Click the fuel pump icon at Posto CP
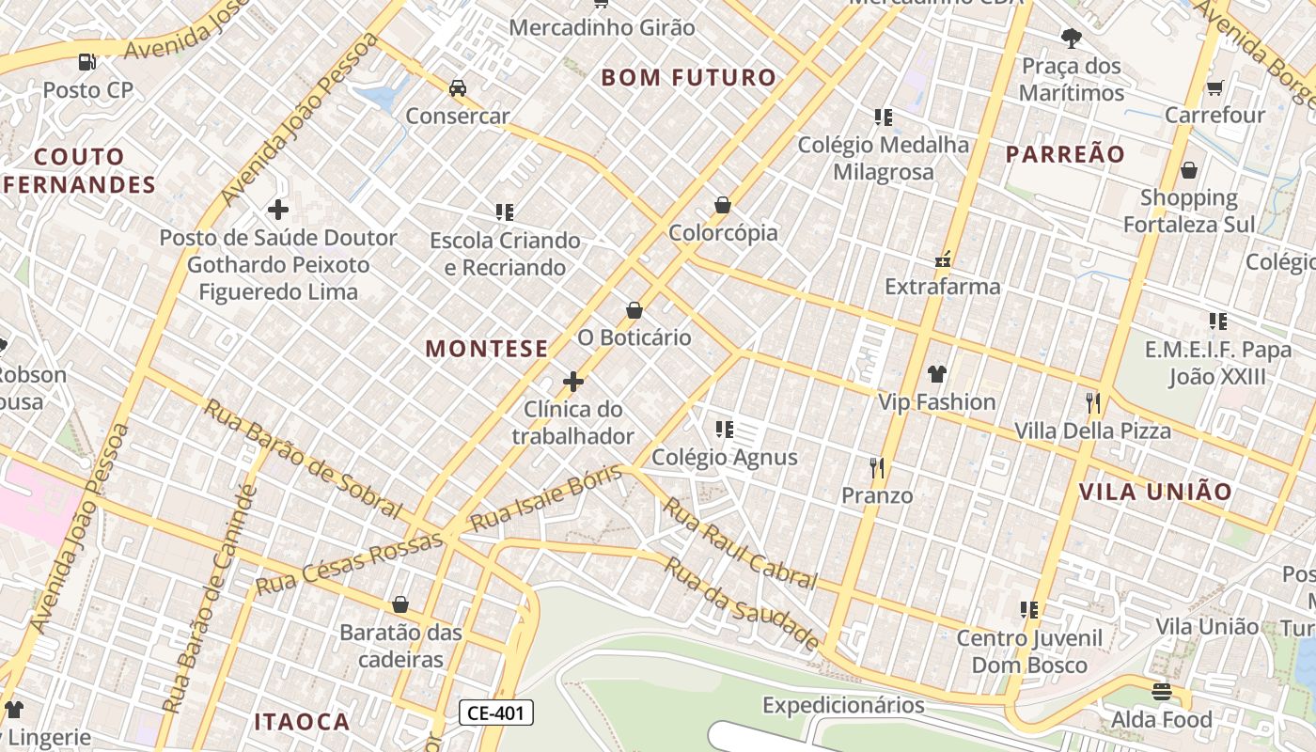tap(86, 62)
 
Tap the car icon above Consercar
tap(458, 88)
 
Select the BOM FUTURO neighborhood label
tap(689, 78)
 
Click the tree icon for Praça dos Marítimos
tap(1071, 39)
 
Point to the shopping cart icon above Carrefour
tap(1214, 88)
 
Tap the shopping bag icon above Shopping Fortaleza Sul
tap(1189, 170)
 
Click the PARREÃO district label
tap(1065, 155)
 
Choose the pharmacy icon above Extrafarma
tap(943, 259)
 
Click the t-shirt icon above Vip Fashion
tap(936, 374)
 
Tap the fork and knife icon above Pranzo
tap(877, 467)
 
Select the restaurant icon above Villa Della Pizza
tap(1092, 403)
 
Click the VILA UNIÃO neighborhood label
tap(1155, 492)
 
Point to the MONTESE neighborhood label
tap(487, 349)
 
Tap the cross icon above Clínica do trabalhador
tap(572, 382)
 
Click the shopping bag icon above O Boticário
tap(634, 310)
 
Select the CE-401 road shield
tap(496, 713)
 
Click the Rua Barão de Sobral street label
tap(303, 458)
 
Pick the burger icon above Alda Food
tap(1162, 693)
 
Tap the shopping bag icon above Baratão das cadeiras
tap(400, 604)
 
